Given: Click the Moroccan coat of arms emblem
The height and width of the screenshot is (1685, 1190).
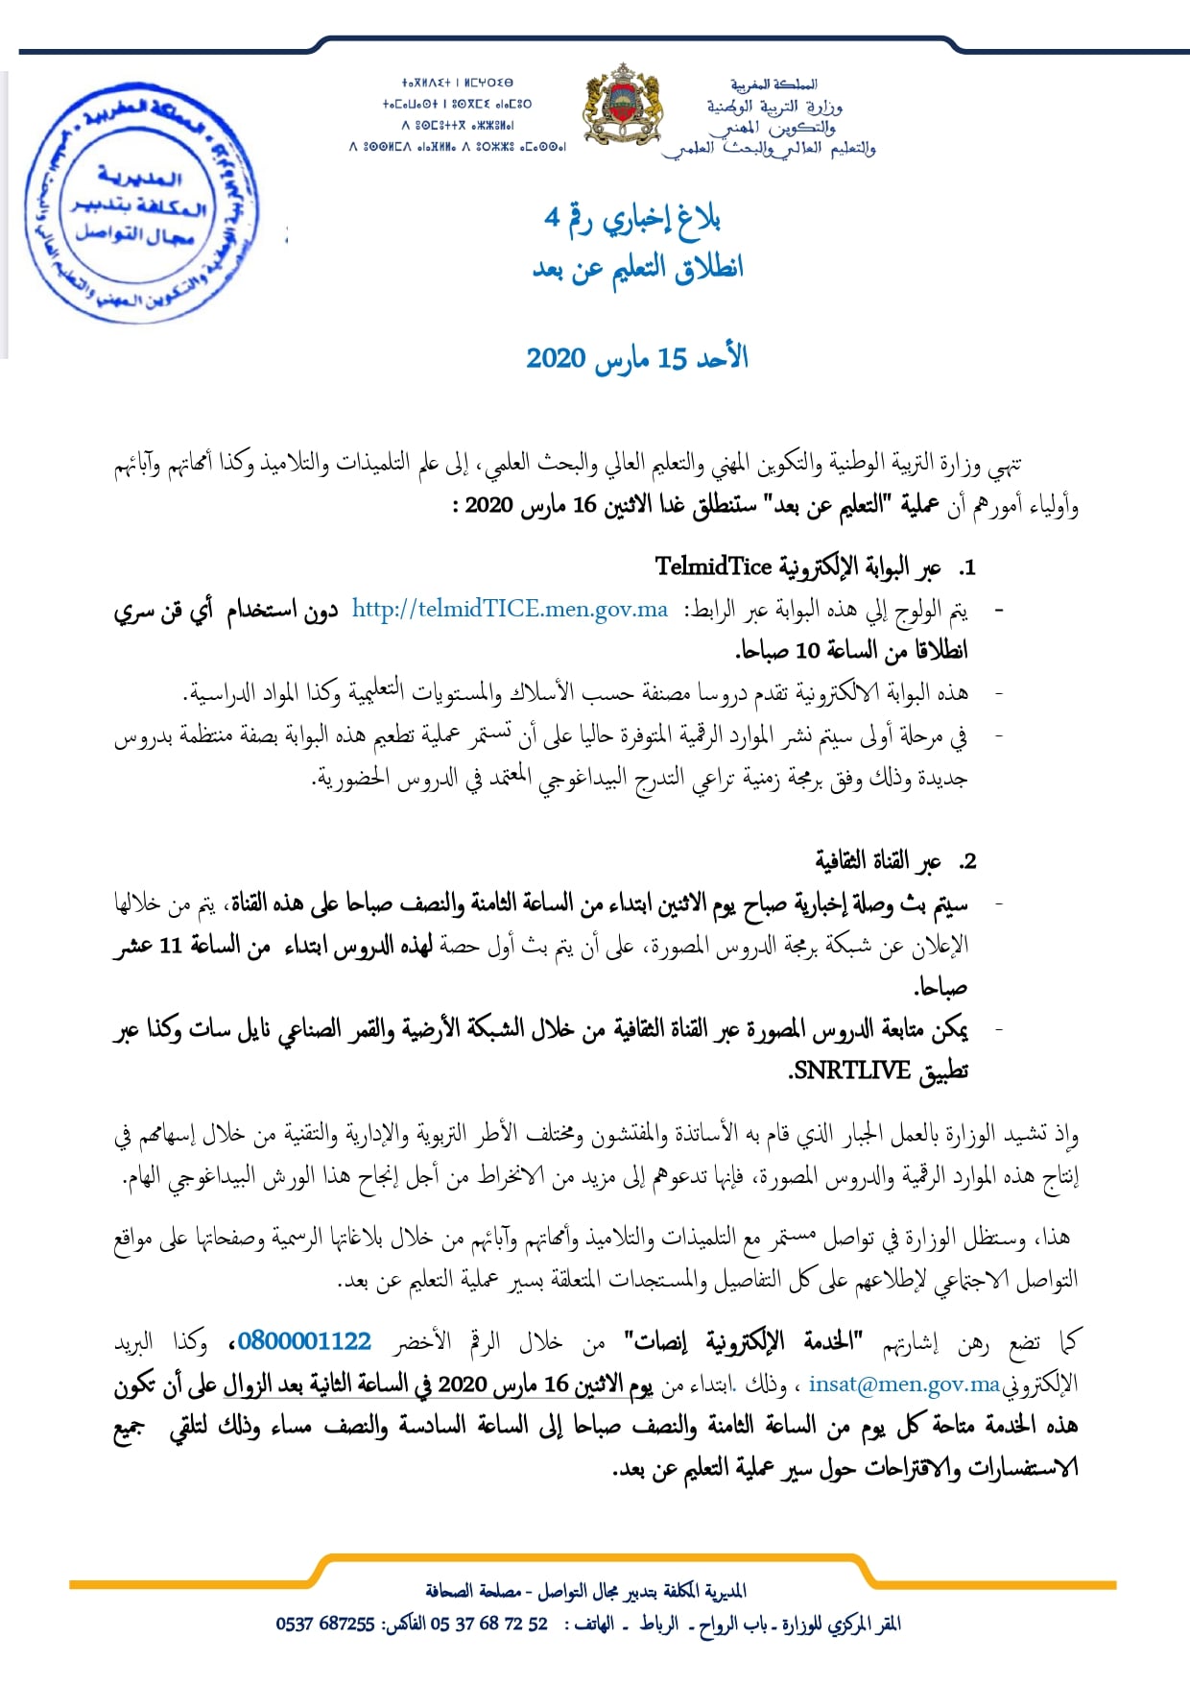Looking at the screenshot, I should (623, 106).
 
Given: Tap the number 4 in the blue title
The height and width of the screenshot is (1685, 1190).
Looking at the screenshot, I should (552, 218).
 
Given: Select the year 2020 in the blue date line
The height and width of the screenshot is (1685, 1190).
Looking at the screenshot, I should (556, 358).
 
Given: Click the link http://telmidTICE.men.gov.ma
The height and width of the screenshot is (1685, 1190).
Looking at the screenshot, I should (510, 609).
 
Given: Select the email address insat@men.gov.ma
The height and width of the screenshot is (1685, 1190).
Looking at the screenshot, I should (904, 1384).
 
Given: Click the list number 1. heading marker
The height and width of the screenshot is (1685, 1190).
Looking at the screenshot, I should (966, 567).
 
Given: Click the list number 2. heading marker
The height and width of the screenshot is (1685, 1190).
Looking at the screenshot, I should (966, 861).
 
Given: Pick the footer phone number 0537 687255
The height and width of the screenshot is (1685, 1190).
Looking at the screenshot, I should (324, 1624).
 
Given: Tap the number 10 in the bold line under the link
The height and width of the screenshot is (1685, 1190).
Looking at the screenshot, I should (808, 651).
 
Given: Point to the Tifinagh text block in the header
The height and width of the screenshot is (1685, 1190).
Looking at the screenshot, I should (458, 115).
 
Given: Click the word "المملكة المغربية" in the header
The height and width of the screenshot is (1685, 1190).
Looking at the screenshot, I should (773, 84).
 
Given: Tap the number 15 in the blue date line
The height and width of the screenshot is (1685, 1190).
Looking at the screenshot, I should (673, 358).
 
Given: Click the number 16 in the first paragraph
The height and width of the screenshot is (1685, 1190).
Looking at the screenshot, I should (585, 506).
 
